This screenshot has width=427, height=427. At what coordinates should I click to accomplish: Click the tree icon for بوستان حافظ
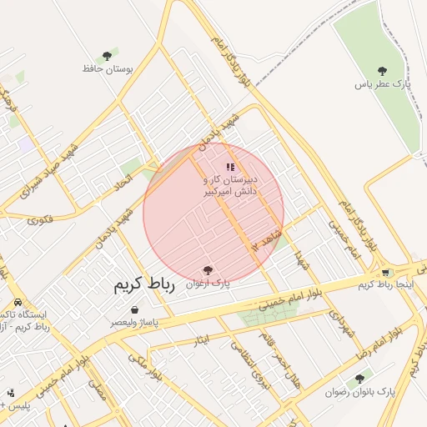click(106, 55)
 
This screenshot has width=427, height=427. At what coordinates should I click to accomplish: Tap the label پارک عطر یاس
click(384, 85)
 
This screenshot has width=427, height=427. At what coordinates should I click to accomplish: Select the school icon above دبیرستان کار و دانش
click(230, 167)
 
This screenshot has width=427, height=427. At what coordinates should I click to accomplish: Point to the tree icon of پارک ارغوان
click(207, 270)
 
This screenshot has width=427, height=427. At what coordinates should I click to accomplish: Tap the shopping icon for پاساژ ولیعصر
click(134, 309)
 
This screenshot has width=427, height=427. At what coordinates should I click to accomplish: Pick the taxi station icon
click(18, 303)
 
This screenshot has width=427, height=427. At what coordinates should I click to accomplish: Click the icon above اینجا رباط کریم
click(385, 273)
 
